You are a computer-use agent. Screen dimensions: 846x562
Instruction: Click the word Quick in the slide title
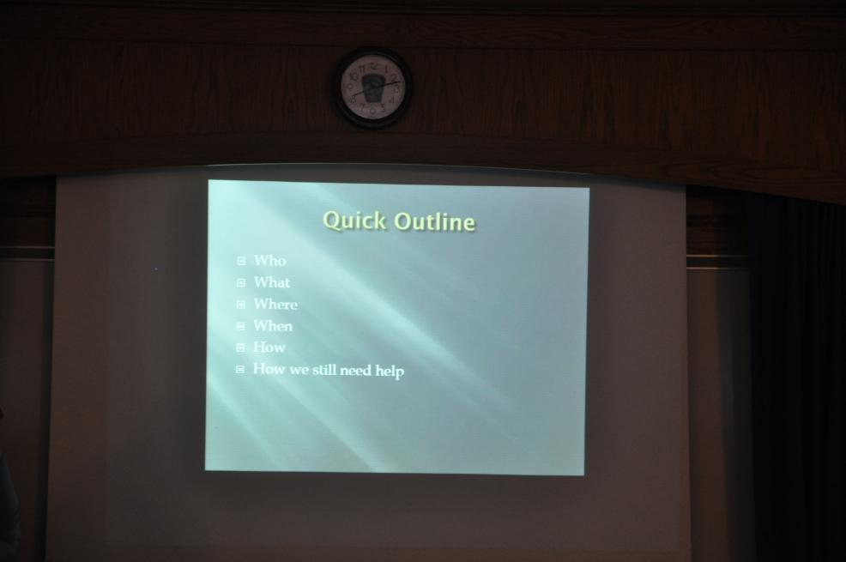pyautogui.click(x=355, y=221)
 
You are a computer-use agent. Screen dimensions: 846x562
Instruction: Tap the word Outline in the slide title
pyautogui.click(x=434, y=221)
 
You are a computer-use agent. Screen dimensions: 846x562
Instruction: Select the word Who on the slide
pyautogui.click(x=269, y=261)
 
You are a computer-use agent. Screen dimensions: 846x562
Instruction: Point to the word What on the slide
pyautogui.click(x=272, y=282)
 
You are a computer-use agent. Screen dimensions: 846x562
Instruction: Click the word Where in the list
pyautogui.click(x=275, y=305)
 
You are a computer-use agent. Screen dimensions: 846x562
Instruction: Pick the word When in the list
pyautogui.click(x=273, y=326)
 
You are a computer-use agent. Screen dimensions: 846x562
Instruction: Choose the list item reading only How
pyautogui.click(x=269, y=347)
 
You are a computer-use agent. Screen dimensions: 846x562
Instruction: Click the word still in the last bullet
pyautogui.click(x=323, y=370)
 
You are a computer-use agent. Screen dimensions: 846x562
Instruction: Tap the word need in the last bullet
pyautogui.click(x=355, y=371)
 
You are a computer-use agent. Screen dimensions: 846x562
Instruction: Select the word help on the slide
pyautogui.click(x=390, y=371)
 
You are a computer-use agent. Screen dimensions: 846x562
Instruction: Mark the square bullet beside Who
pyautogui.click(x=241, y=262)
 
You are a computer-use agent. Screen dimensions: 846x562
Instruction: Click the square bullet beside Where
pyautogui.click(x=240, y=305)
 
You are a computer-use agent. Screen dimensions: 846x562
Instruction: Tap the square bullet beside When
pyautogui.click(x=240, y=326)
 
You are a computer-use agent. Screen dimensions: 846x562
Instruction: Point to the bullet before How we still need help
pyautogui.click(x=240, y=370)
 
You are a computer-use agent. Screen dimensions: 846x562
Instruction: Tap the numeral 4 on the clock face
pyautogui.click(x=392, y=100)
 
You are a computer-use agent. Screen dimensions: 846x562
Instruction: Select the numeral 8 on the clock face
pyautogui.click(x=354, y=99)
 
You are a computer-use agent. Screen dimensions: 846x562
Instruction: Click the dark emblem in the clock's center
pyautogui.click(x=373, y=88)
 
